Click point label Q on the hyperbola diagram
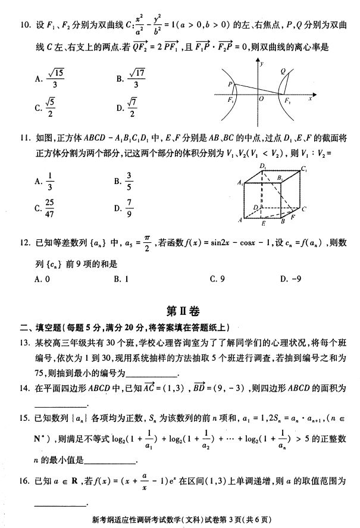283,71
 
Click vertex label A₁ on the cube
240,183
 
